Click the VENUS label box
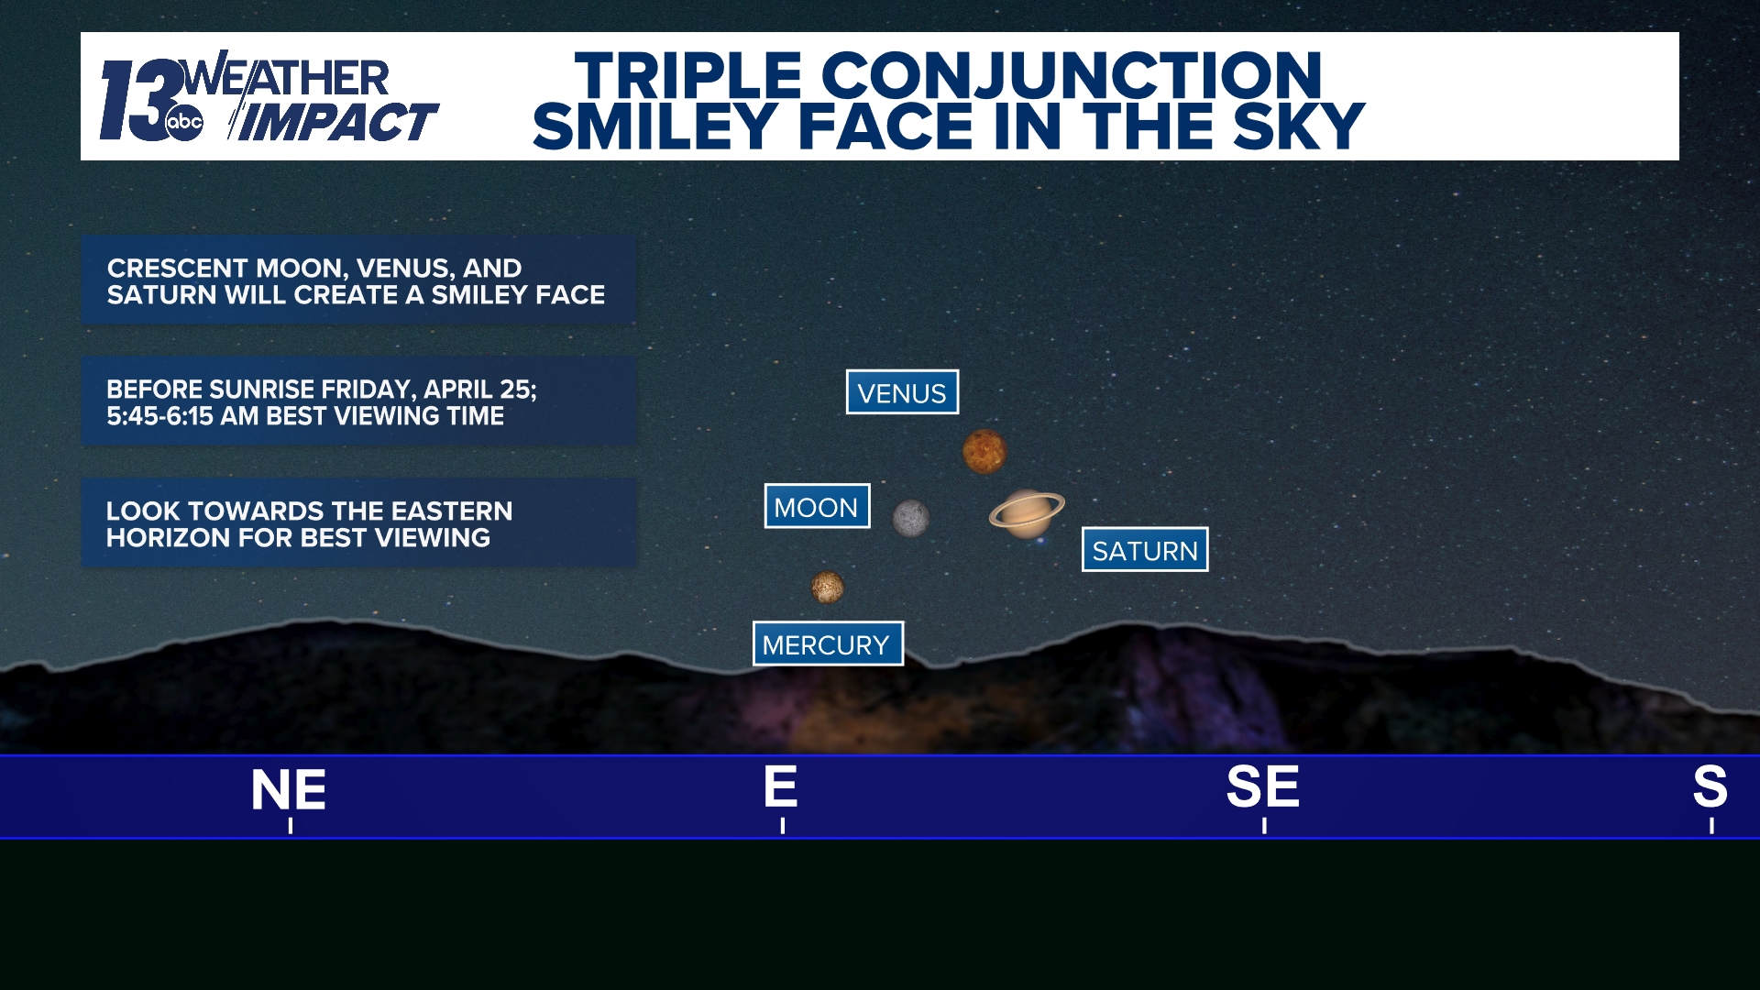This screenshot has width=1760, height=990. pos(902,392)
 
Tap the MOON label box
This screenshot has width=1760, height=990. pos(817,507)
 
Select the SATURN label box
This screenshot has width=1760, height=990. pos(1145,550)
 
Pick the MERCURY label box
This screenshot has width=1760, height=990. pos(827,644)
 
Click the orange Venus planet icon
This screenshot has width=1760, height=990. pos(984,452)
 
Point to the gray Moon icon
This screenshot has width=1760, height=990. pos(911,519)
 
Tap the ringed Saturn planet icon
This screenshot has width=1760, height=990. pos(1027,512)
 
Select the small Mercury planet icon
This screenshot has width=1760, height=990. pos(827,587)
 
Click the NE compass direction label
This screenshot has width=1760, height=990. pos(289,790)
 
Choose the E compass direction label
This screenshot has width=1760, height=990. pos(781,786)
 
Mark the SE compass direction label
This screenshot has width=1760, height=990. pos(1263,786)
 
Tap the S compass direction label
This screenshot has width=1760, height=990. pos(1710,786)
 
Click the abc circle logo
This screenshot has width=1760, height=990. pos(184,122)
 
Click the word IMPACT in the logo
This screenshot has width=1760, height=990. pos(339,123)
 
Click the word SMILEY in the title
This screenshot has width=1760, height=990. pos(654,126)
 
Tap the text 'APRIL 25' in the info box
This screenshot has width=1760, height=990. pos(478,390)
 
